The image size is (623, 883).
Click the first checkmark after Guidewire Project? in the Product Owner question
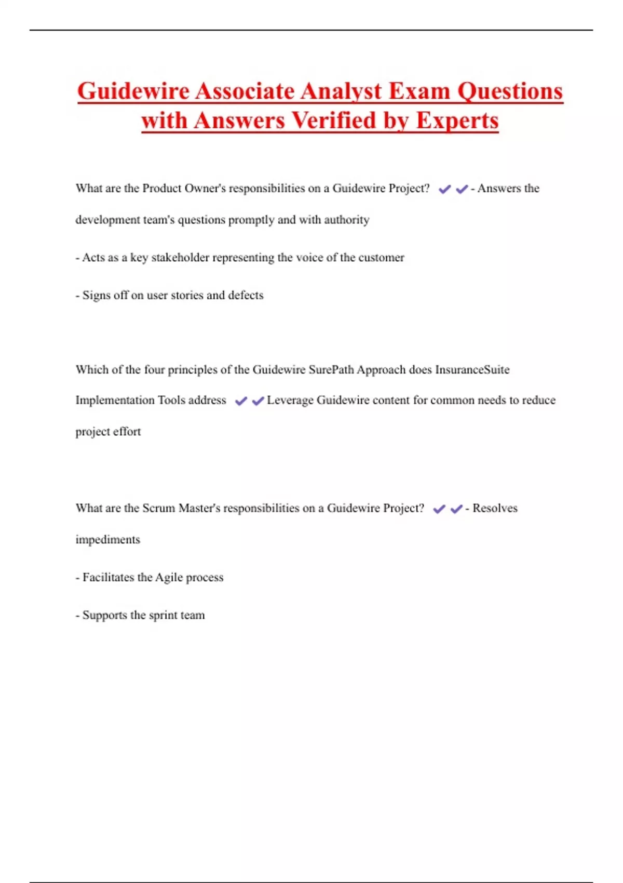point(444,190)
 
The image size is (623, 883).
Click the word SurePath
point(331,370)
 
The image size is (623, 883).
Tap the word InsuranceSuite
point(472,370)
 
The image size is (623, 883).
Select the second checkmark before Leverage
point(258,401)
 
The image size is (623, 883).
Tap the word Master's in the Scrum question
point(199,508)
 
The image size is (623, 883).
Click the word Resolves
point(495,508)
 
